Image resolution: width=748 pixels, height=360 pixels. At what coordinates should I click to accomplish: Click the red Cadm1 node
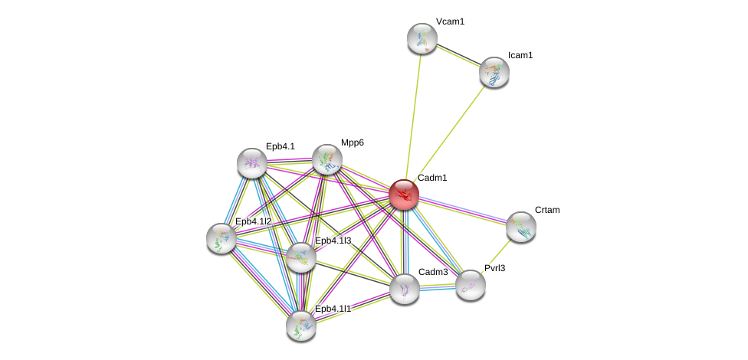403,195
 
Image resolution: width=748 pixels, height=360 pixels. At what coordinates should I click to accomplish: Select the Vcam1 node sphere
422,38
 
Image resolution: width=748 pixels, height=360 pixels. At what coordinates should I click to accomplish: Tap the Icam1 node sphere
494,72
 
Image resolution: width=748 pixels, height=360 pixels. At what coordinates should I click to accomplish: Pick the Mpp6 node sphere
327,159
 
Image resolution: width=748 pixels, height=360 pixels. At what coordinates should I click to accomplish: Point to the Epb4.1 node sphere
252,163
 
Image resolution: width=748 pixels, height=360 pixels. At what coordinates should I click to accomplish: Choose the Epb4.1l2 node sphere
221,238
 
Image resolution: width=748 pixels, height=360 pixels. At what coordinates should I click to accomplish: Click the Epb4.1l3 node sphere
300,257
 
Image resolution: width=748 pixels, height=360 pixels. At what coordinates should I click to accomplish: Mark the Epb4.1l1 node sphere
301,325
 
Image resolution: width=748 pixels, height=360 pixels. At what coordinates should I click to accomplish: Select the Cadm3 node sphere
405,289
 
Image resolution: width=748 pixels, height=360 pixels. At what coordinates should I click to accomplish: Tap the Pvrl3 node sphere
471,285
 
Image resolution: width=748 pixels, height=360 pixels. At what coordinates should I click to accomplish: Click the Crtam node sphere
521,227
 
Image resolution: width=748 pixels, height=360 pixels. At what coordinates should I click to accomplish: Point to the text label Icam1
520,55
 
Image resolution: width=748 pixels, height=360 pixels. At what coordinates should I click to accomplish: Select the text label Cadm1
432,178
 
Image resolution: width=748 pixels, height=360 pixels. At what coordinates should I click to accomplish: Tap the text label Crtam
547,210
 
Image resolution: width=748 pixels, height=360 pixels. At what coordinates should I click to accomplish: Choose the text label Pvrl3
495,268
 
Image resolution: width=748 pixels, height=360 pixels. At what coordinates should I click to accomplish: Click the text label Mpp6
353,142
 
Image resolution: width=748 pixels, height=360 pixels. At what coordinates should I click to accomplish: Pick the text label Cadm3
433,272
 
